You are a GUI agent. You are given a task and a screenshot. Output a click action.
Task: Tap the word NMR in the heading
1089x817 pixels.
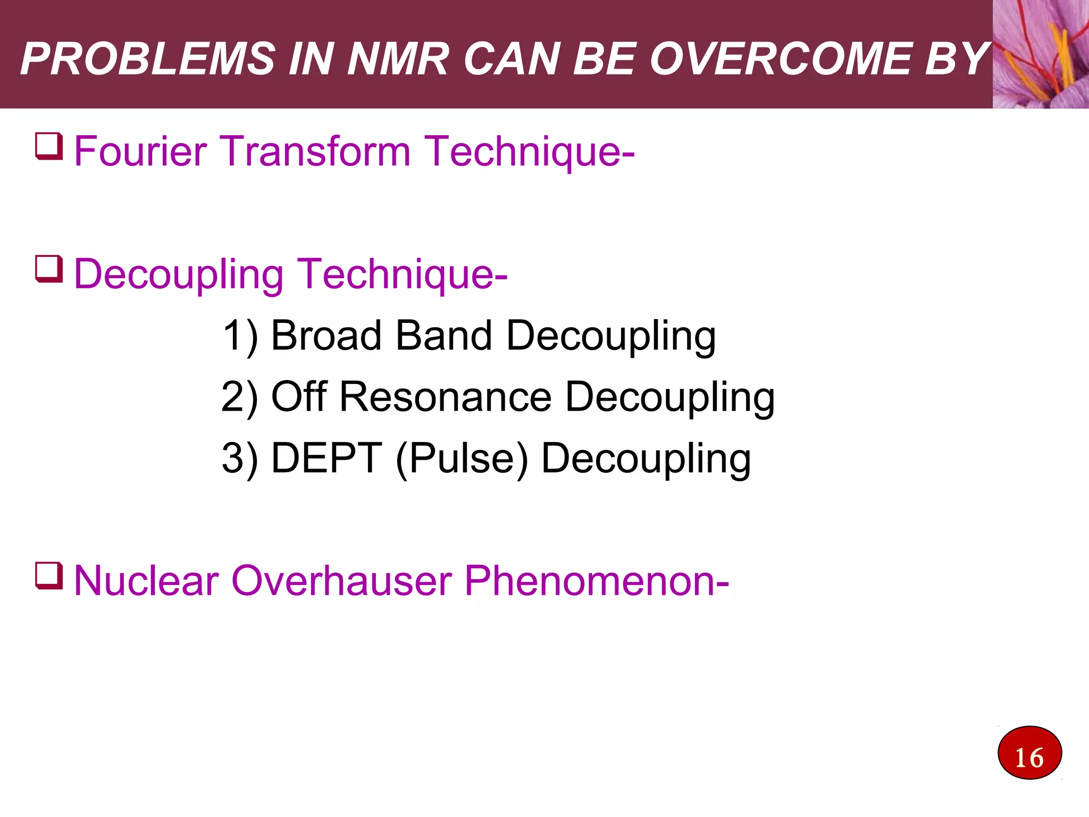[x=398, y=59]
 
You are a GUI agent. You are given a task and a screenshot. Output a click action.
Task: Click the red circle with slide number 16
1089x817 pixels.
[x=1029, y=753]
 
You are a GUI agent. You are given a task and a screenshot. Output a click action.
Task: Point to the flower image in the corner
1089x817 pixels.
[x=1041, y=54]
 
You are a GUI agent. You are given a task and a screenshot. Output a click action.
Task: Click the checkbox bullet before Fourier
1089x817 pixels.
[x=49, y=146]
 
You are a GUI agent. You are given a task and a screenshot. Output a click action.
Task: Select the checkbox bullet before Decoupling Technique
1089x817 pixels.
[x=49, y=269]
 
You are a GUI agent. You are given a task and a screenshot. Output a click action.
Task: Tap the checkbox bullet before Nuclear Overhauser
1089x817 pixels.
[x=49, y=576]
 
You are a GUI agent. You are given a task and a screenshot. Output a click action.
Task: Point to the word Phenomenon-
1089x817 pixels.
[x=597, y=581]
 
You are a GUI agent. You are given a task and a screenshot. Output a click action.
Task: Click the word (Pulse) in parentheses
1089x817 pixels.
[x=462, y=459]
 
